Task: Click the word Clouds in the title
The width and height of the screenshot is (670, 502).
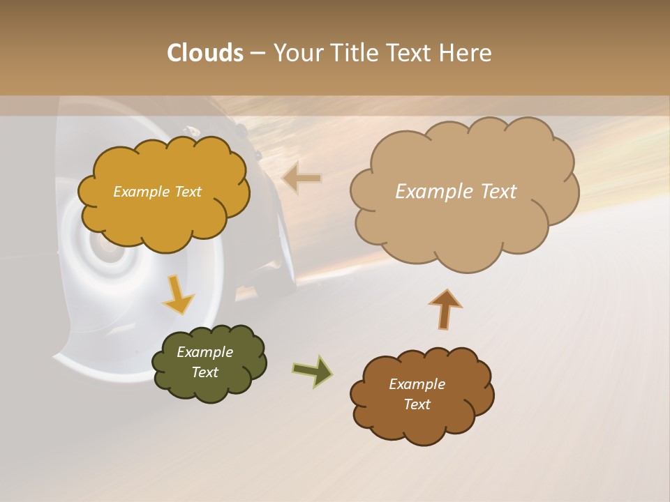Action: (204, 53)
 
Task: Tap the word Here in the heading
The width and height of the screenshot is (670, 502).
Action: (466, 53)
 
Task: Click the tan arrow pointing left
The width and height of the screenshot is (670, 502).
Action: (301, 178)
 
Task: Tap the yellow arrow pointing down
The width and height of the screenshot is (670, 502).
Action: (177, 294)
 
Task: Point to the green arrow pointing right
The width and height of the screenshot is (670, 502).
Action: (312, 370)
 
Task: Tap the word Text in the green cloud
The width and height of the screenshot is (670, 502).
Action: (205, 372)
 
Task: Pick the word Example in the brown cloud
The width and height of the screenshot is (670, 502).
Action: (417, 384)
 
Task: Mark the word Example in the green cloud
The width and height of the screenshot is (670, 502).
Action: (205, 352)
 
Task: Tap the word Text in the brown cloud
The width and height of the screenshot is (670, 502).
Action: (417, 404)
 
